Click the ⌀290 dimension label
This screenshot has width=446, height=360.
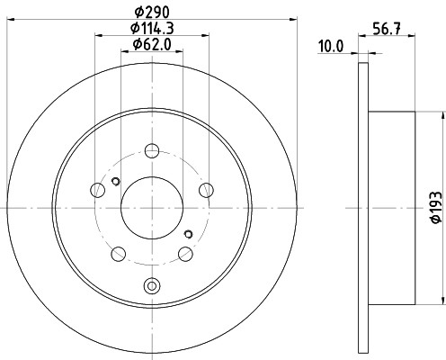coord(152,13)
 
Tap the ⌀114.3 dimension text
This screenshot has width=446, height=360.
coord(152,29)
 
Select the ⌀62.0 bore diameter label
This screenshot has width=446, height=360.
coord(152,45)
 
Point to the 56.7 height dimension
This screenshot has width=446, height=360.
coord(387,29)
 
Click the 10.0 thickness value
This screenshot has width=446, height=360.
coord(331,47)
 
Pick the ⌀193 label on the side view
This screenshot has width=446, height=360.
coord(436,207)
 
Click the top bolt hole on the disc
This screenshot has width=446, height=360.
coord(152,150)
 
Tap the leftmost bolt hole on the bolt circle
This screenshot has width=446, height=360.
coord(97,190)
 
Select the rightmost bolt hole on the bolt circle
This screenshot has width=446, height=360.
coord(206,190)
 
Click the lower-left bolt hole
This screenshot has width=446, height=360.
coord(118,254)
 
